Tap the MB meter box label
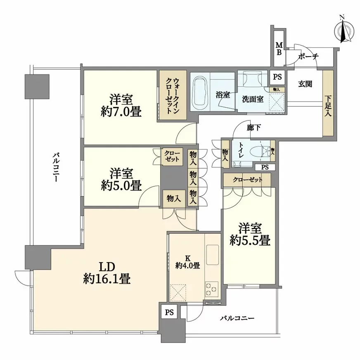279,49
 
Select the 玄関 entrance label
305,84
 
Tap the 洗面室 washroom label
252,99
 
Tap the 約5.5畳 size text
250,240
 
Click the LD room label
107,266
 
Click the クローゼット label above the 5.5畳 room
246,180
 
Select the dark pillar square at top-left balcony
37,86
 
